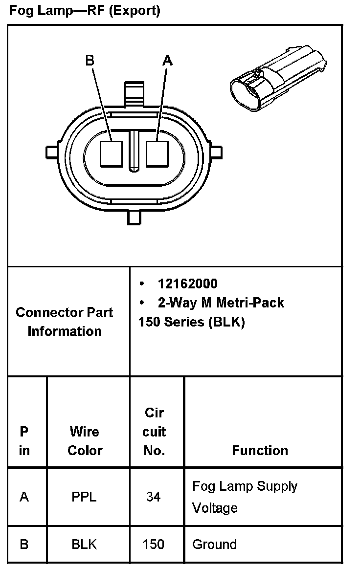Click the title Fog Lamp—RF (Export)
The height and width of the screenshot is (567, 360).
(85, 11)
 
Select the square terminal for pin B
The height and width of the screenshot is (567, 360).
(111, 153)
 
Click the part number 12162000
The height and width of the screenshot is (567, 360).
(187, 283)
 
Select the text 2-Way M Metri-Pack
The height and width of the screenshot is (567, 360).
(221, 303)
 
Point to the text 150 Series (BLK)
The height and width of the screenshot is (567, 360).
(192, 322)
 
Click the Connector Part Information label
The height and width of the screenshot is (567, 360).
(65, 322)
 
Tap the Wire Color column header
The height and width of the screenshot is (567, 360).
(85, 440)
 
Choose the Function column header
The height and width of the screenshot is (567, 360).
(260, 450)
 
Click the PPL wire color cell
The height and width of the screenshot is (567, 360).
(84, 497)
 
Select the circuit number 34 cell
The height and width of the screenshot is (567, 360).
(153, 497)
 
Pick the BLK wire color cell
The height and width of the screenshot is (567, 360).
(84, 544)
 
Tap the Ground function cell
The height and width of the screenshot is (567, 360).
(214, 544)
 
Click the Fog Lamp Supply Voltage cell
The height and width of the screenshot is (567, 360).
(245, 497)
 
